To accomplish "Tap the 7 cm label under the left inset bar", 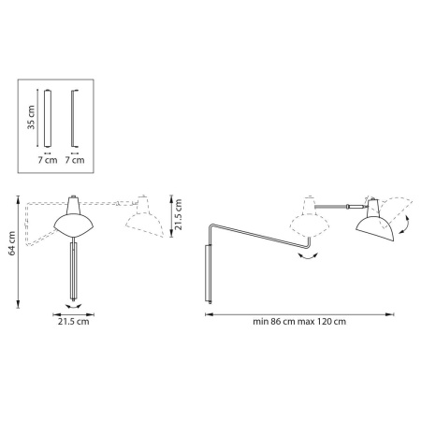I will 45,160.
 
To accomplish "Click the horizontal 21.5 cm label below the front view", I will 72,322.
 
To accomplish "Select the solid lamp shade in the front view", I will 73,224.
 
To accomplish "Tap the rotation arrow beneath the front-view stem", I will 72,303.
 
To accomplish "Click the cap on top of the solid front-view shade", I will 73,203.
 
